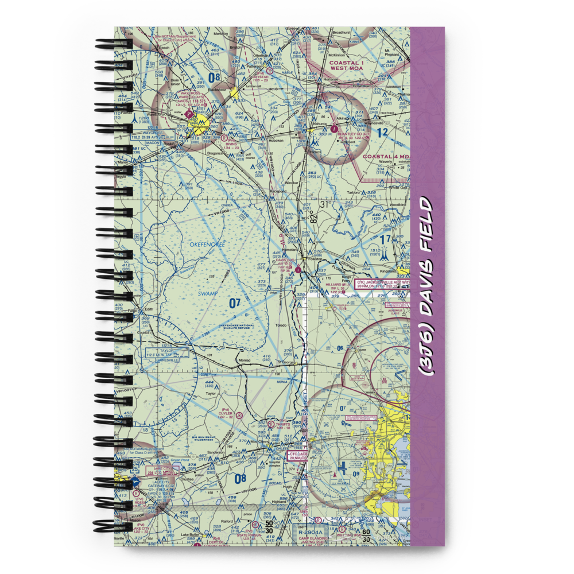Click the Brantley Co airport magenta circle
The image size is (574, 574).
[335, 129]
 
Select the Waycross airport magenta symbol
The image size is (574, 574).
[190, 115]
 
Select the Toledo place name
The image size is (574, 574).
[280, 325]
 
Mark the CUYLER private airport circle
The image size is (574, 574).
[240, 414]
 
